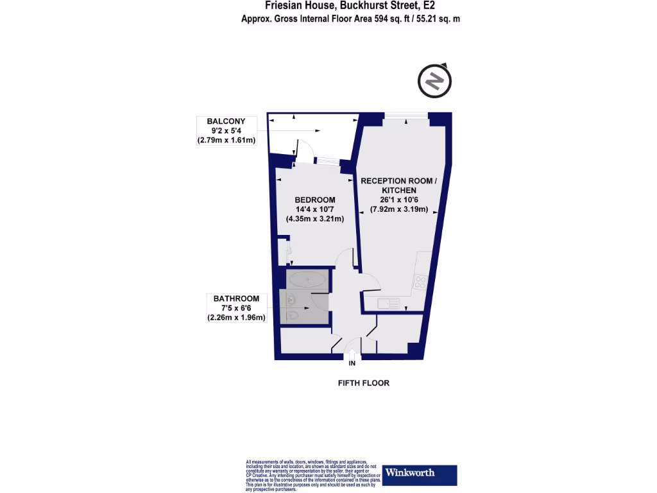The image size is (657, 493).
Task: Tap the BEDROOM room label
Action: pyautogui.click(x=315, y=200)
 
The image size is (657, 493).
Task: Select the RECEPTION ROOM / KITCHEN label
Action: pyautogui.click(x=398, y=186)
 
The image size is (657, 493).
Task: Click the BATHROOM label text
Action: pyautogui.click(x=236, y=298)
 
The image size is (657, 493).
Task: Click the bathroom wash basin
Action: pyautogui.click(x=290, y=298)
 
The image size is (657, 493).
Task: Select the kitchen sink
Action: pyautogui.click(x=389, y=302)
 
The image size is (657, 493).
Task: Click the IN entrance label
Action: pyautogui.click(x=352, y=364)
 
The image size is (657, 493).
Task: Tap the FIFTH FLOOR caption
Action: pyautogui.click(x=364, y=383)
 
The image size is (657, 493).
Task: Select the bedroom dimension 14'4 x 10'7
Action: pyautogui.click(x=315, y=209)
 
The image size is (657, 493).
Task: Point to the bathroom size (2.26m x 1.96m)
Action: pyautogui.click(x=236, y=317)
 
